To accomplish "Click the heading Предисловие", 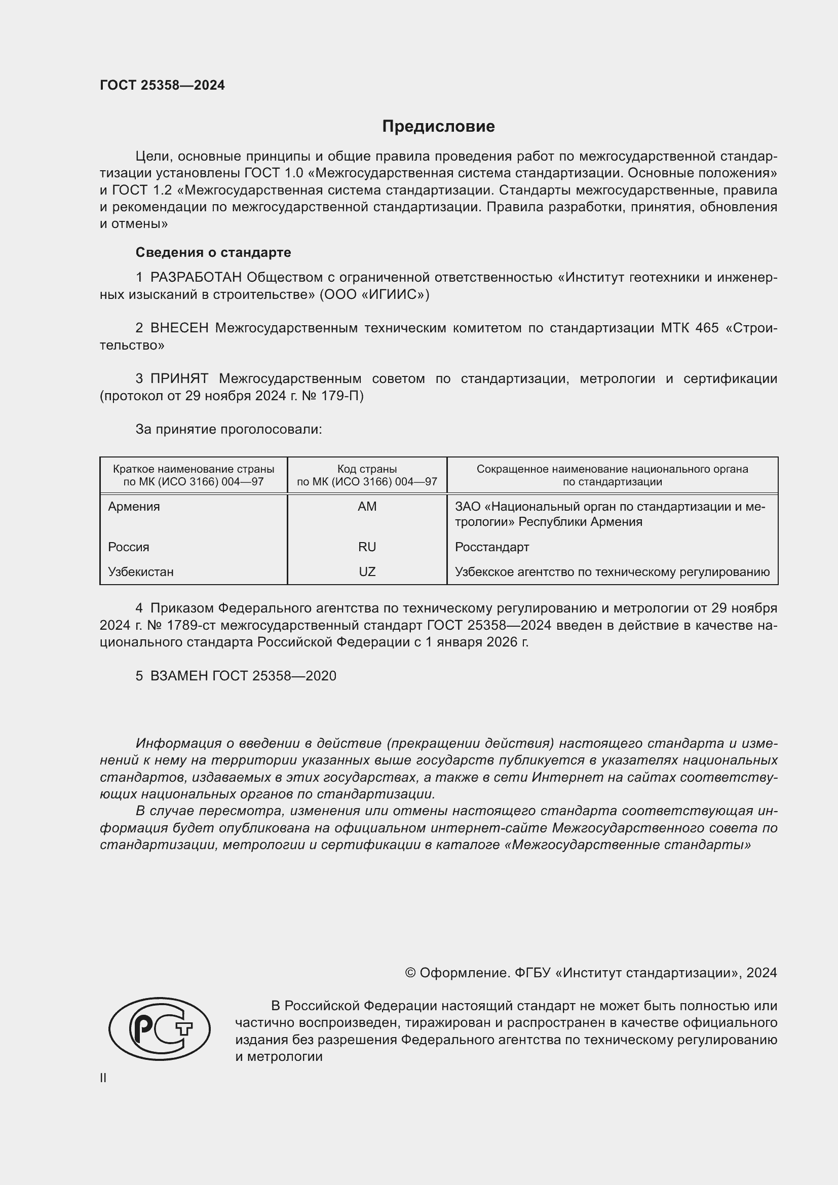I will [438, 127].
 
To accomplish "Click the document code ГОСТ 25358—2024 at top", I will [162, 85].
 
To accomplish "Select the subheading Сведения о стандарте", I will [213, 252].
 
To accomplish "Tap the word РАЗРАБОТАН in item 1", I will [196, 278].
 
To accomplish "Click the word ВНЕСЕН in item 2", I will [179, 328].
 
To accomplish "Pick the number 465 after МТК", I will [706, 328].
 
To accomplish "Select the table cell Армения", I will [134, 507].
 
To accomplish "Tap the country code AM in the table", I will [367, 507].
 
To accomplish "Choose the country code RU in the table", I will [367, 547].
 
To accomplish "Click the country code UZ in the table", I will [367, 572].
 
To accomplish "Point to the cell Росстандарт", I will [492, 547].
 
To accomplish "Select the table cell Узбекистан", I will [140, 572].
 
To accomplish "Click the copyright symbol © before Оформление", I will [410, 973].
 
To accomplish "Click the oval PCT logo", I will [160, 1029].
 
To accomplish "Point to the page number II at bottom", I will [103, 1078].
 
